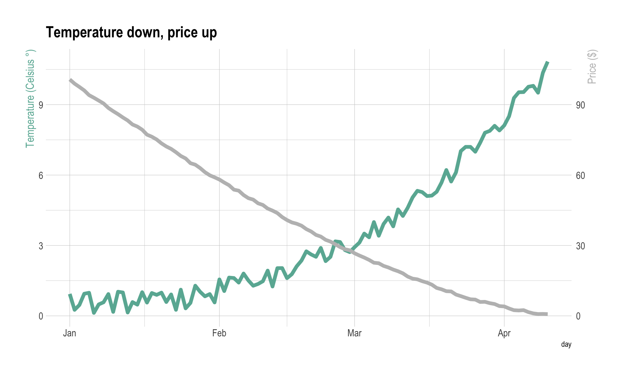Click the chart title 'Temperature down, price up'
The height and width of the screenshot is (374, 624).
(131, 33)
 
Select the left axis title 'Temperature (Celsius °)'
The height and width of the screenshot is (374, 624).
(30, 99)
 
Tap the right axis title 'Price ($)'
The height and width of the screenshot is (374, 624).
(592, 67)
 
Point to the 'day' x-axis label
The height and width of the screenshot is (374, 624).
(566, 344)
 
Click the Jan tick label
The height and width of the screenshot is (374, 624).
(70, 333)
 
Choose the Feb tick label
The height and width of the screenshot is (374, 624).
(219, 333)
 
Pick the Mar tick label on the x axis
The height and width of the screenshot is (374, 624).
(354, 333)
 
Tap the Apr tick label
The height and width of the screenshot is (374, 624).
(504, 333)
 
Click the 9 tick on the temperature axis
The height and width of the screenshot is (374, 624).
(41, 105)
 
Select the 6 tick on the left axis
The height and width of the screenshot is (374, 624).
(41, 176)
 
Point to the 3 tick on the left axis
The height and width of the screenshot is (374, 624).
(41, 246)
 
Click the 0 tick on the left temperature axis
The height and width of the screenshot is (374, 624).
(41, 316)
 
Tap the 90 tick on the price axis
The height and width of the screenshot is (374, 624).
(580, 105)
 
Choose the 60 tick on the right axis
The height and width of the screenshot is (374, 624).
(580, 176)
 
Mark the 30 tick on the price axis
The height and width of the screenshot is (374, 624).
(580, 246)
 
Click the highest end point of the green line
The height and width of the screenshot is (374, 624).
(548, 62)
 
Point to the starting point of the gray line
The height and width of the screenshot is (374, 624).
(70, 80)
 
